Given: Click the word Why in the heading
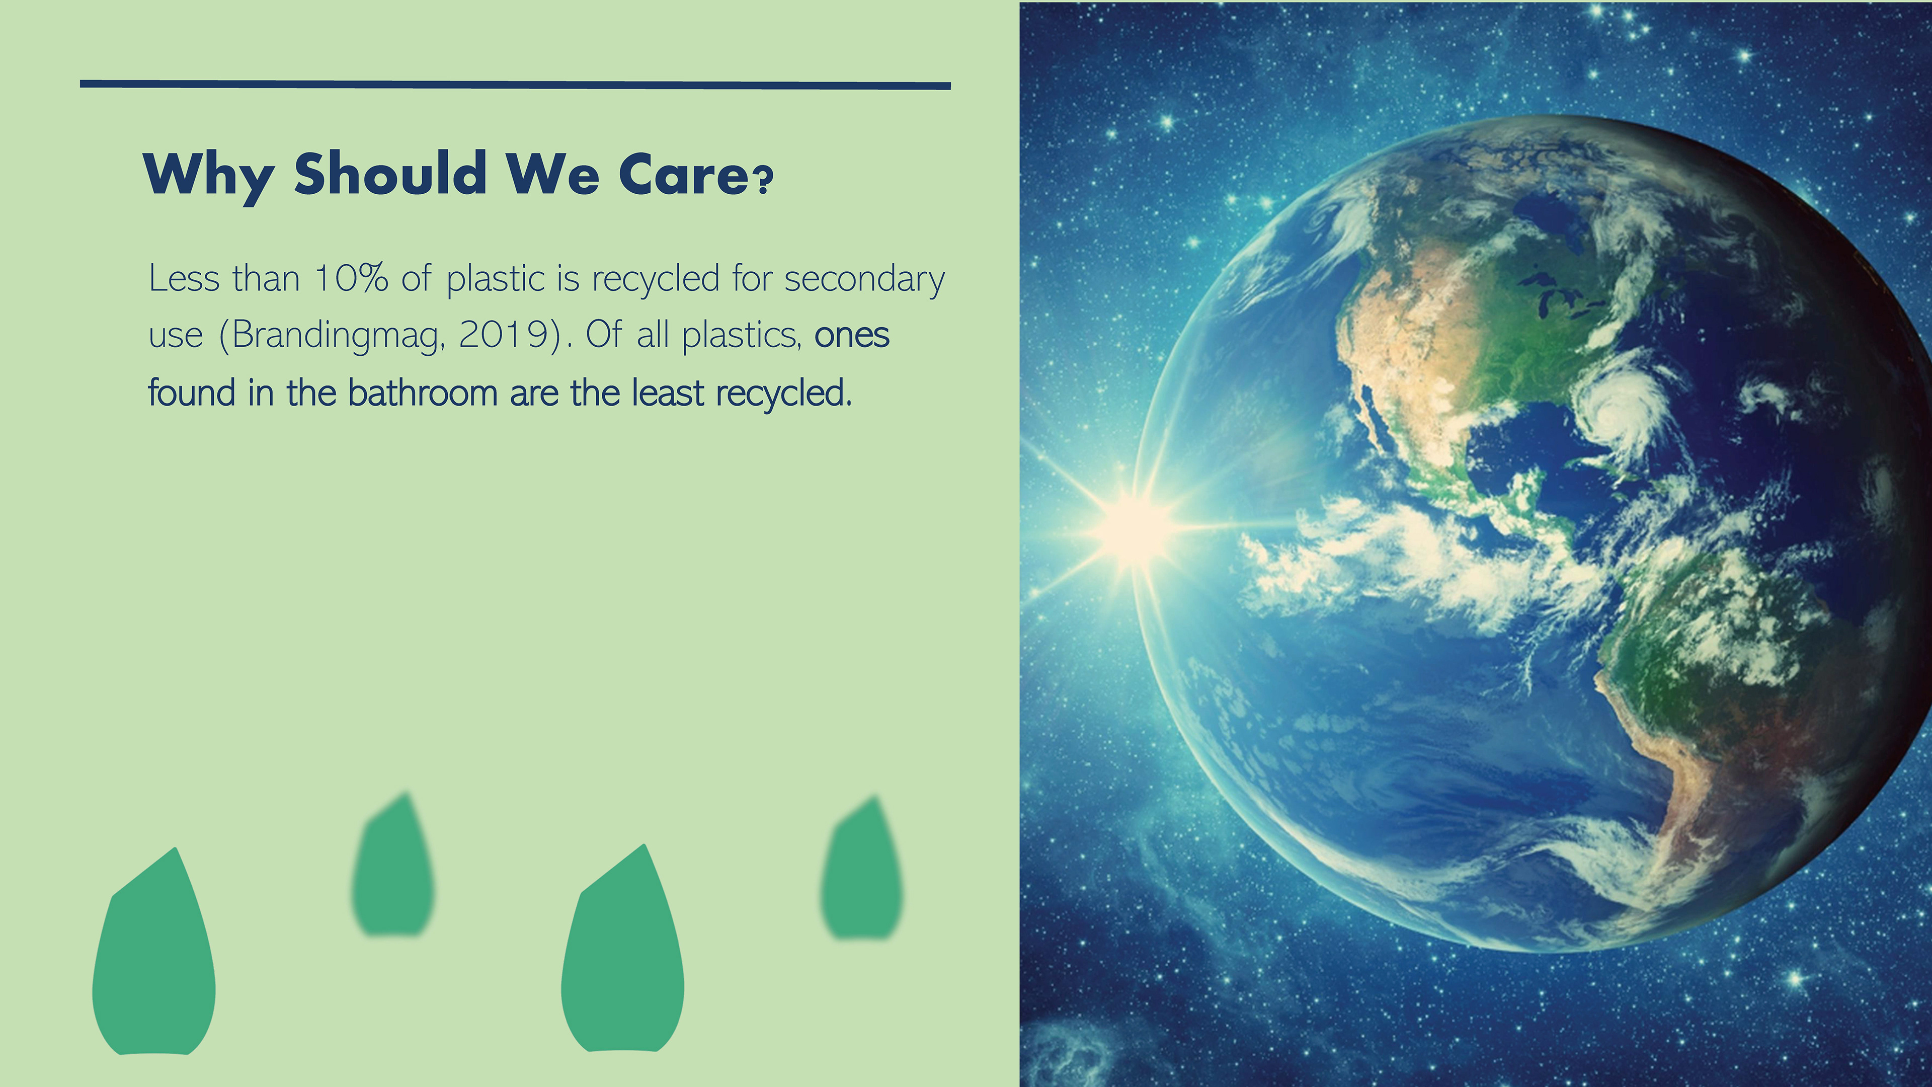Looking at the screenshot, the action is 208,176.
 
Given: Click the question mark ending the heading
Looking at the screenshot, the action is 764,181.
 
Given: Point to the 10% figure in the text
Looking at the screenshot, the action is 352,278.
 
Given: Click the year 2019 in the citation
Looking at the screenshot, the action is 505,335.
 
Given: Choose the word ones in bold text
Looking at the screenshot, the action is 852,335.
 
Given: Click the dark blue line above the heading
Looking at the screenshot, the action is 515,85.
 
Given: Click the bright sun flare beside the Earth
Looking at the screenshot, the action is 1135,527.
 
